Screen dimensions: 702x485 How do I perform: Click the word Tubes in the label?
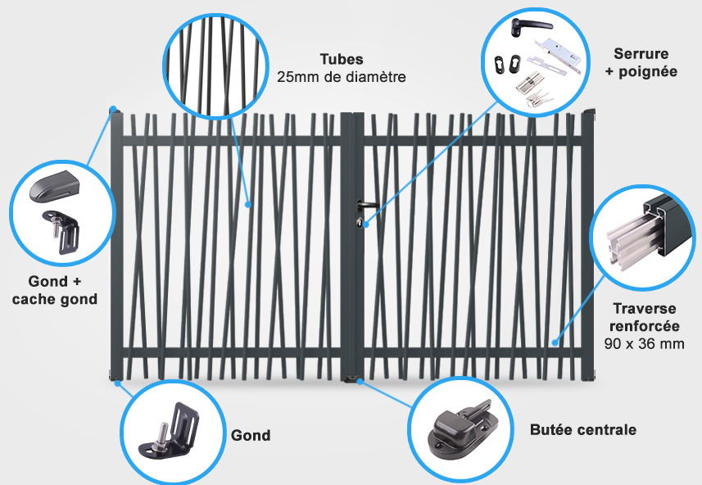tap(342, 59)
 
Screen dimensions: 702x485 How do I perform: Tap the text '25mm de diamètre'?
tap(341, 77)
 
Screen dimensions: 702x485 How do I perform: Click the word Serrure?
tap(641, 54)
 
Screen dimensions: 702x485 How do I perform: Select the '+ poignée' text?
tap(641, 71)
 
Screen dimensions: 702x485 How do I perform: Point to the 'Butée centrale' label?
tap(583, 429)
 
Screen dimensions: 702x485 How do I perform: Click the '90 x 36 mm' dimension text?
tap(644, 344)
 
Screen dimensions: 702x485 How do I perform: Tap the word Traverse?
tap(644, 309)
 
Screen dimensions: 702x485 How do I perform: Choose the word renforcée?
tap(644, 326)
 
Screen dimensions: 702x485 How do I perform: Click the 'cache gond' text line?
tap(55, 299)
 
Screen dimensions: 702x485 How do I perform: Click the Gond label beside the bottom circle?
tap(251, 435)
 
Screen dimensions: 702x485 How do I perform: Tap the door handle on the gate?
tap(367, 206)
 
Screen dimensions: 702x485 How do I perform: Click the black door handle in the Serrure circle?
tap(531, 26)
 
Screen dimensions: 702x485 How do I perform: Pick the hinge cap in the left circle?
tap(54, 186)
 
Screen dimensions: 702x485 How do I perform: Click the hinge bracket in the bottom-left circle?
tap(170, 431)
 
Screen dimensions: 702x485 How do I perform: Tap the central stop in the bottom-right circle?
tap(461, 428)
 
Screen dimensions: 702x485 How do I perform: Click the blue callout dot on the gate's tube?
tap(248, 204)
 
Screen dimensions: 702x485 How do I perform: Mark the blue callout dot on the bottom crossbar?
tap(555, 342)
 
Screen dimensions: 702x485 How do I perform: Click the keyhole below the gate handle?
tap(359, 222)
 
